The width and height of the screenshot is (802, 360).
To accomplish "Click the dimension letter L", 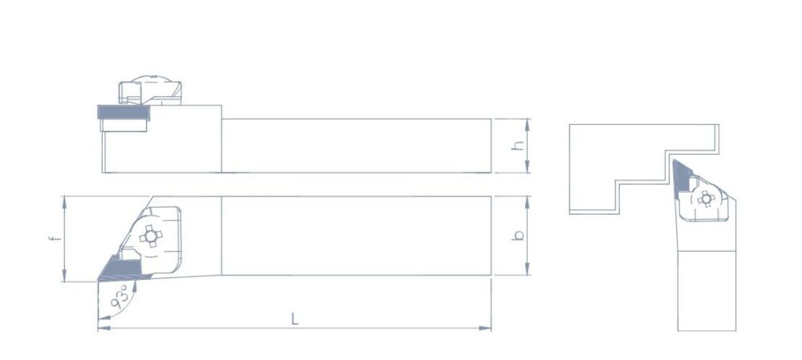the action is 294,318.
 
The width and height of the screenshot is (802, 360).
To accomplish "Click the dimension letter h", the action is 519,145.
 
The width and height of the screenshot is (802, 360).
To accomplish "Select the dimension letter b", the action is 519,235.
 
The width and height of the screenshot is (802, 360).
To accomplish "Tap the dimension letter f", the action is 55,238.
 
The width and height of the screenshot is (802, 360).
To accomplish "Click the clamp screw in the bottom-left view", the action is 151,237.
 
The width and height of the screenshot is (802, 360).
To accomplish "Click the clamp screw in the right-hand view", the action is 707,199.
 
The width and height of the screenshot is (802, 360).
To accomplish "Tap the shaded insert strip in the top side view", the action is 124,112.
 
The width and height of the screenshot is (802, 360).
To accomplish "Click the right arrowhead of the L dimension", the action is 485,328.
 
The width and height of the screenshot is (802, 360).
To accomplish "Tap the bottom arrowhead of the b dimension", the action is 528,269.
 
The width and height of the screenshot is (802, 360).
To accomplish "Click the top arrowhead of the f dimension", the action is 64,202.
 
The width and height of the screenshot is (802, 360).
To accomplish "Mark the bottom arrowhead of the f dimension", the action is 64,275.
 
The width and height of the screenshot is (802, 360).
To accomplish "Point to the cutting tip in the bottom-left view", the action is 98,281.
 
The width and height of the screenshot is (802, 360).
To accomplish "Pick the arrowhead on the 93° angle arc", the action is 135,286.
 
